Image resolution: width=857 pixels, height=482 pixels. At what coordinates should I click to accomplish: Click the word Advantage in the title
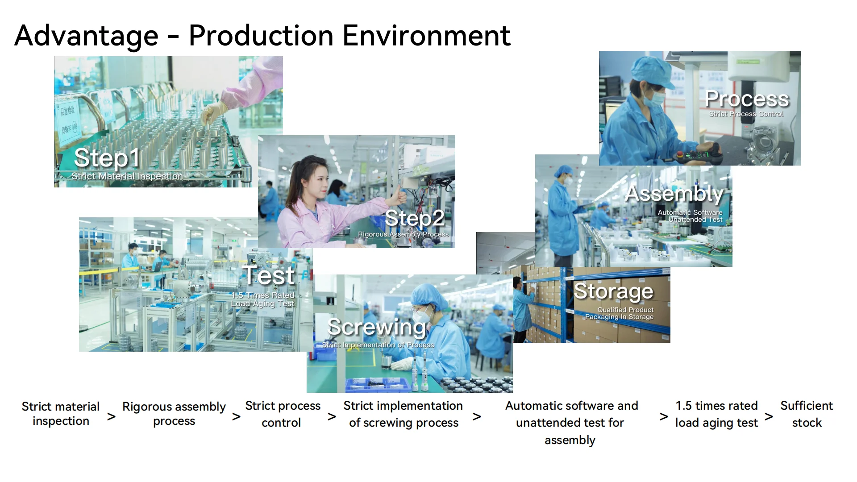87,36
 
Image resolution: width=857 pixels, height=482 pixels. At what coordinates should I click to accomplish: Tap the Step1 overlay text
107,158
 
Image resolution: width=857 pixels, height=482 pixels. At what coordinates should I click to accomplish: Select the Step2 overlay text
415,218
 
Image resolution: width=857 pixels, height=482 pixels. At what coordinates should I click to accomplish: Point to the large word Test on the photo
268,275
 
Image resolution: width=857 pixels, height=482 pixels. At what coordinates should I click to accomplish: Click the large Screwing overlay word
377,327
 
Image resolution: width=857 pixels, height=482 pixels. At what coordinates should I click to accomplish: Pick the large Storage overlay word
613,291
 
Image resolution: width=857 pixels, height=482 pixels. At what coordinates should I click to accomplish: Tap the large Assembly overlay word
674,194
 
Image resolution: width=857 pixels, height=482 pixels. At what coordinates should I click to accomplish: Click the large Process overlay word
747,99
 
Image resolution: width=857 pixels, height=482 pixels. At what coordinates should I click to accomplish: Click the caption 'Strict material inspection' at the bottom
61,414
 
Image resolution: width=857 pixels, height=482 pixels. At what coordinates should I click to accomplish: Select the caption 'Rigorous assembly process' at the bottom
174,414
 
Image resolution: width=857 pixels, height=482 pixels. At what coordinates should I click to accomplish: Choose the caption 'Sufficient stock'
807,414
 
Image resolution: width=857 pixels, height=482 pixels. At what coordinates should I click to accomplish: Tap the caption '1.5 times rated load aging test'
716,414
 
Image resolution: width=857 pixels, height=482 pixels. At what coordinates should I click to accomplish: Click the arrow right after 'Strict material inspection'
112,417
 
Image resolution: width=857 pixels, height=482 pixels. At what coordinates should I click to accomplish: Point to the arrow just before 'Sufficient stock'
769,417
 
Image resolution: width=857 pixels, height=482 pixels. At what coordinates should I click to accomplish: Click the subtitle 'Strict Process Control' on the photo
746,114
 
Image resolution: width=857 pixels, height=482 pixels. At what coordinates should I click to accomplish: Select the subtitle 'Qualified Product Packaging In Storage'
620,313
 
